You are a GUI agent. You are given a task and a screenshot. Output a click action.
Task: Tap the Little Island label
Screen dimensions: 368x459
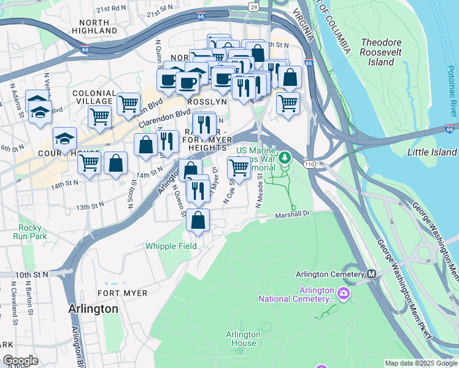(x=432, y=152)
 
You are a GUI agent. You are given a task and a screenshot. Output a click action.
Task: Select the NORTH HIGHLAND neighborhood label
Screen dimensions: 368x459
(x=90, y=26)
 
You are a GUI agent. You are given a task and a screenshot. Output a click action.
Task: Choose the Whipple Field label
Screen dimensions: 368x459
(x=171, y=246)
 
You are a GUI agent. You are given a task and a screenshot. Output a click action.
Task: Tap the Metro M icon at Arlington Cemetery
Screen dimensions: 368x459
(x=371, y=274)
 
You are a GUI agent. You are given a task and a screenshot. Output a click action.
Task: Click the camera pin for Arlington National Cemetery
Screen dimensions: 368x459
(x=342, y=294)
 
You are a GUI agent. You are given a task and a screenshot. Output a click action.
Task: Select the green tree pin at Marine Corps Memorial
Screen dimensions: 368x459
(x=284, y=158)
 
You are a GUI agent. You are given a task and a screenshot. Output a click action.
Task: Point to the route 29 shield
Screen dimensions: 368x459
(x=253, y=6)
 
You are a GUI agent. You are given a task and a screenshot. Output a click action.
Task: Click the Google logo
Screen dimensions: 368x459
(x=20, y=361)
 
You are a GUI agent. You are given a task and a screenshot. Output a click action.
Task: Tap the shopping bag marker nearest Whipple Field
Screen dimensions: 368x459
(x=198, y=221)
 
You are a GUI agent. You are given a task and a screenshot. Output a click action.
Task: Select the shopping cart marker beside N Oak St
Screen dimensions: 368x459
(x=239, y=167)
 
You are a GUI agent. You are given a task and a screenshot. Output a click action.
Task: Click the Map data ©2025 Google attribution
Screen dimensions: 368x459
(x=421, y=363)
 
